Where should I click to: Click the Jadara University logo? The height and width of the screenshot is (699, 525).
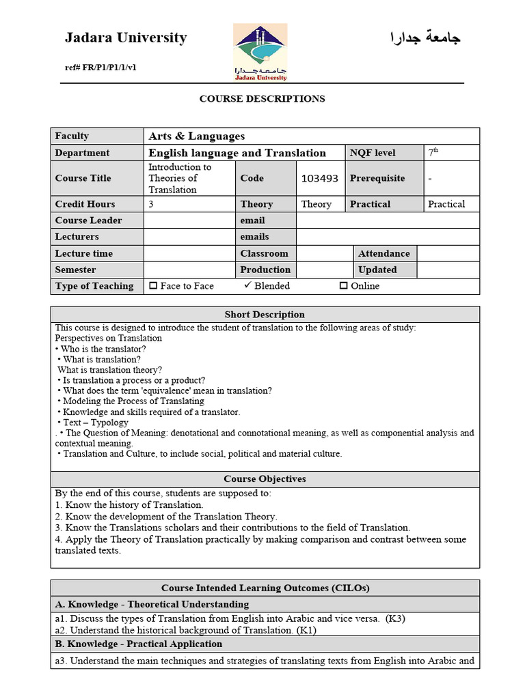260,53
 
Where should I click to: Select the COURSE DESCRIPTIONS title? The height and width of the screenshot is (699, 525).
262,99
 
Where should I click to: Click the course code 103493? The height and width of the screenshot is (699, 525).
319,178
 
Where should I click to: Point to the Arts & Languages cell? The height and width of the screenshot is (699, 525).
197,136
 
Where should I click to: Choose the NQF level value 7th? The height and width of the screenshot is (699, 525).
433,153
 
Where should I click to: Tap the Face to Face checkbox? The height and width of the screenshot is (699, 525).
153,286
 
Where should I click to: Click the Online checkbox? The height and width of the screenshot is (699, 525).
344,286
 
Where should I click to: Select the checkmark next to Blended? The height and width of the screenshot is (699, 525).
247,285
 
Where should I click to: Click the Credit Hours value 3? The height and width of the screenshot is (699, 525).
151,204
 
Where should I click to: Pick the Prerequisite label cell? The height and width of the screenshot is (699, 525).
377,178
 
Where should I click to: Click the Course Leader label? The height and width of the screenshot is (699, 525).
89,220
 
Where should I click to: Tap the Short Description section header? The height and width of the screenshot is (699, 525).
265,315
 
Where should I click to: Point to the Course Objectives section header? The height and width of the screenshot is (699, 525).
265,479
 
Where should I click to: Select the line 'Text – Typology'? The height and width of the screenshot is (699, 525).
95,423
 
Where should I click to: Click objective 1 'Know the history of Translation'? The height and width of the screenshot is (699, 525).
129,505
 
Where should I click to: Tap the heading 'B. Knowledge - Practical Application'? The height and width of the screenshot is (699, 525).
139,644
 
